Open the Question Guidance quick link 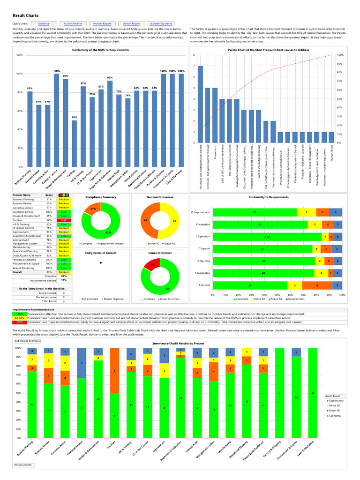click(x=160, y=23)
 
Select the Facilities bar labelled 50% click(x=74, y=143)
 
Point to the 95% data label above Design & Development click(x=65, y=76)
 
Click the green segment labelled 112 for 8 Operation click(x=267, y=237)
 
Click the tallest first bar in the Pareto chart click(x=200, y=104)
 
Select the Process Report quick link click(x=102, y=23)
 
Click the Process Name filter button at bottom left click(x=24, y=465)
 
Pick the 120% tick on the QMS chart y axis click(x=19, y=55)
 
